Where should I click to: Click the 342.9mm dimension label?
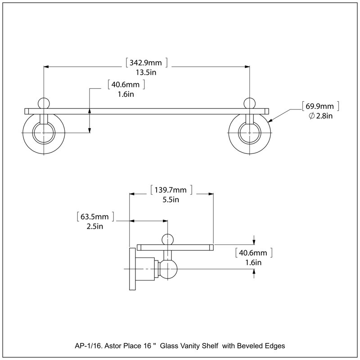(x=146, y=63)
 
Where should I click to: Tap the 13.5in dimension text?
(x=146, y=72)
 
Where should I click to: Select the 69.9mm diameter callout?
(x=319, y=106)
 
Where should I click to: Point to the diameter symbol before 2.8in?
(x=311, y=116)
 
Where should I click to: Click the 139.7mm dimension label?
(x=171, y=190)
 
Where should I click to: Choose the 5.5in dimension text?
(x=171, y=199)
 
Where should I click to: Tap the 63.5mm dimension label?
(x=94, y=216)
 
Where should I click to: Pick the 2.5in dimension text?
(x=94, y=226)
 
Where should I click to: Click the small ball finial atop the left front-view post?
(x=44, y=103)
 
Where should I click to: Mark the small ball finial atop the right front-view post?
(x=250, y=103)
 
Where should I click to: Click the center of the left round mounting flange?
(x=44, y=133)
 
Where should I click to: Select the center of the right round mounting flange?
(x=250, y=133)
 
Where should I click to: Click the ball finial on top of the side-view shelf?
(x=167, y=240)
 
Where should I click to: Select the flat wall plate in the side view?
(x=132, y=269)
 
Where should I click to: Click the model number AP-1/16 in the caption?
(x=89, y=346)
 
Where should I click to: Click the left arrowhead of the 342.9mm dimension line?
(x=46, y=67)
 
